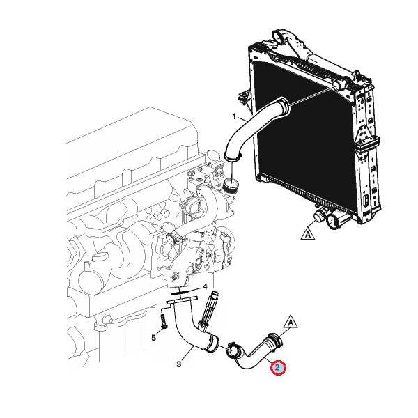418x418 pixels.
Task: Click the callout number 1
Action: coord(234,116)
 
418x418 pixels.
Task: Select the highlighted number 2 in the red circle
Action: coord(278,368)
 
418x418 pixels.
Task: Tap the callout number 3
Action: coord(179,364)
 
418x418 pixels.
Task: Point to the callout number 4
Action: coord(205,287)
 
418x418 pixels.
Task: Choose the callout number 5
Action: coord(153,338)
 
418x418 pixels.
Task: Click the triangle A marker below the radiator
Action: coord(308,234)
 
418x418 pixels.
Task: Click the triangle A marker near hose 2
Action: coord(291,322)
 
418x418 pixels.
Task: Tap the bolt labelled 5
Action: coord(163,320)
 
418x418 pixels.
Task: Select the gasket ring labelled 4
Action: coord(180,293)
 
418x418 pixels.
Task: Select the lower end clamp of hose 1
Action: coord(233,157)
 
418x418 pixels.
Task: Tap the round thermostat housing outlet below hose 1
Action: coord(231,185)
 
